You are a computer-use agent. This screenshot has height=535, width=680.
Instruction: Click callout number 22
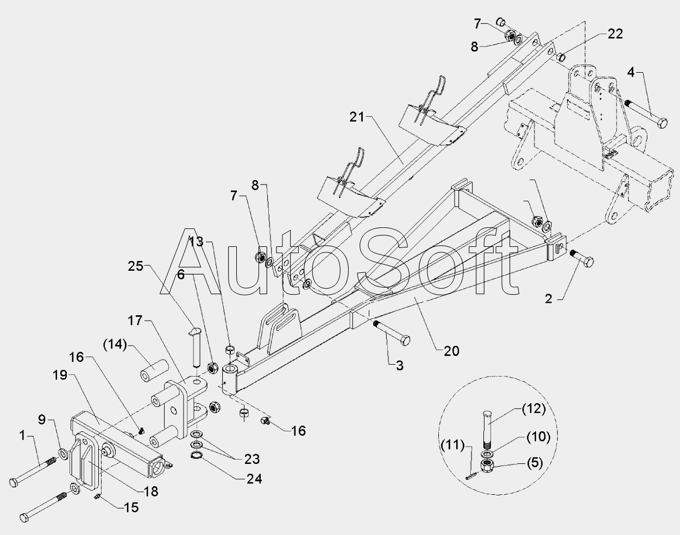[x=615, y=34]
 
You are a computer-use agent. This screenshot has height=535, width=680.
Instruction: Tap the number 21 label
[x=357, y=117]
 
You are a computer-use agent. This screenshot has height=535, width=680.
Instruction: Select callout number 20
[x=451, y=351]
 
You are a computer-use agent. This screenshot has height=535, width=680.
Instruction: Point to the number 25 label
[x=136, y=266]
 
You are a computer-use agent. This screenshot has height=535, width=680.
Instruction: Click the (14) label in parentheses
[x=115, y=345]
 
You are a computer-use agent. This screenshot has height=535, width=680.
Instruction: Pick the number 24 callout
[x=254, y=479]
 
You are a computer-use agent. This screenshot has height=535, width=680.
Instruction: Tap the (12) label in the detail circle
[x=534, y=409]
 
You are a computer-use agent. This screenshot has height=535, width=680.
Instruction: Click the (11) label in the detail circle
[x=453, y=445]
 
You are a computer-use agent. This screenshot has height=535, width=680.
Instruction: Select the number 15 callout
[x=131, y=507]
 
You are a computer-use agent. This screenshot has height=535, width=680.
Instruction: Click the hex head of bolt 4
[x=662, y=123]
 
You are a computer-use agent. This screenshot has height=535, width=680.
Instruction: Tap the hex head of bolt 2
[x=588, y=262]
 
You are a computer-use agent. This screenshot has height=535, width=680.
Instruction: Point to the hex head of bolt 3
[x=405, y=341]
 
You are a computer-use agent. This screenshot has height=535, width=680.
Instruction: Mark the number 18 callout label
[x=151, y=491]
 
